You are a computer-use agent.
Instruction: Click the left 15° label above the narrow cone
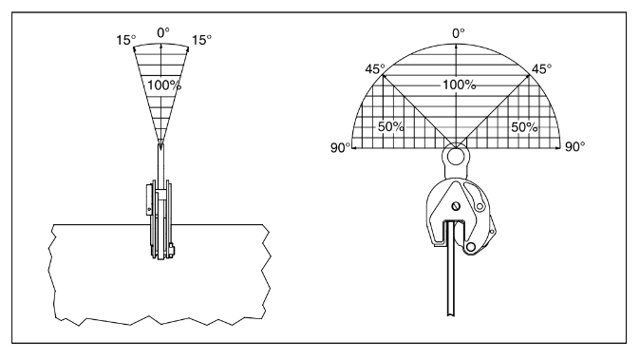coord(125,40)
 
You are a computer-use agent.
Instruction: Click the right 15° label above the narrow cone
coord(202,40)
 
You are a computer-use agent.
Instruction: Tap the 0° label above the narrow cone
coord(163,32)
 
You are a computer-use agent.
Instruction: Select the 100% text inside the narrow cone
coord(164,85)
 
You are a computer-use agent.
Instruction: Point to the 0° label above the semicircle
coord(459,33)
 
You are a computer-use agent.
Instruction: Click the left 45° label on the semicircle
coord(375,69)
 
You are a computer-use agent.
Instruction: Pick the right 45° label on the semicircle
coord(541,69)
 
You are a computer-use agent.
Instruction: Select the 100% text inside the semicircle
coord(460,85)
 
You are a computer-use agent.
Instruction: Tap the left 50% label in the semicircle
coord(390,127)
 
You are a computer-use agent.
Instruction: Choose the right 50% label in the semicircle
coord(524,127)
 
